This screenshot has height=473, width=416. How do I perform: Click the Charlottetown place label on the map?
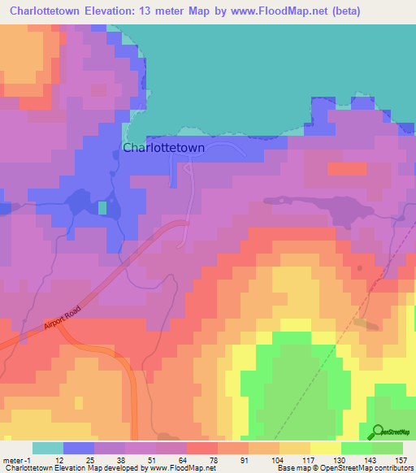click(163, 148)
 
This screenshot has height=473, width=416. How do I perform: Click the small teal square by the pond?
click(102, 208)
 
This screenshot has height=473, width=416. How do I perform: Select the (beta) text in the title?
click(342, 11)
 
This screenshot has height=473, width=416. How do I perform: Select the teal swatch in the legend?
click(48, 448)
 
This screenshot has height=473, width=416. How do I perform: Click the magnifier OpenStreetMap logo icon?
click(377, 432)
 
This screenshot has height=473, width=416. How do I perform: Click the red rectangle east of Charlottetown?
click(347, 168)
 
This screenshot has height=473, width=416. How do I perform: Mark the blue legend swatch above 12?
click(79, 448)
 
